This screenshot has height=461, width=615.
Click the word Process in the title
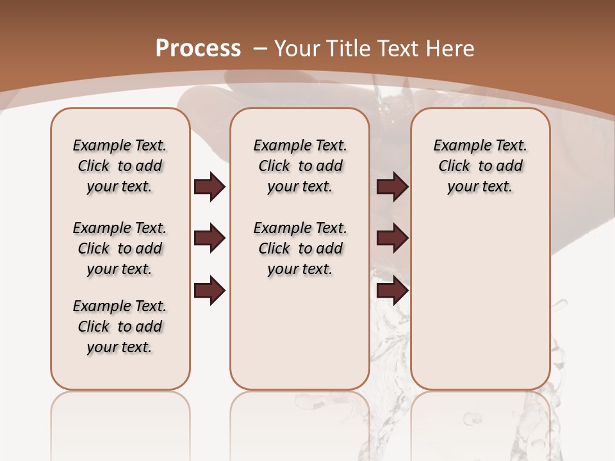[x=198, y=48]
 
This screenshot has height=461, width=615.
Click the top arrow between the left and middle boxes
[x=209, y=187]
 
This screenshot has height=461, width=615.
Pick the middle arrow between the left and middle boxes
[x=209, y=239]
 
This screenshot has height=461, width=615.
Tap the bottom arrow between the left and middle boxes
[x=209, y=290]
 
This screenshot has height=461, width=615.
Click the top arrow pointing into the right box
[x=392, y=187]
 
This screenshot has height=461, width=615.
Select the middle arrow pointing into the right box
[x=392, y=239]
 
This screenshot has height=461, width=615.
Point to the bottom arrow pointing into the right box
[x=392, y=290]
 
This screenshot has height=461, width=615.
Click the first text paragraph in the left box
[x=120, y=166]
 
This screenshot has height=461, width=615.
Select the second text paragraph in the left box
[x=120, y=248]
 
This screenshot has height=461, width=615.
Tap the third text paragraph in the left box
[x=120, y=327]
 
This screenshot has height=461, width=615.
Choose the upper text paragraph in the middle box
[x=300, y=166]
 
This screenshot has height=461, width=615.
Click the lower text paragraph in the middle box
[x=300, y=248]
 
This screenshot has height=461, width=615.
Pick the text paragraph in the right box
[x=480, y=166]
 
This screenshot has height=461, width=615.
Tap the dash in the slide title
[x=260, y=48]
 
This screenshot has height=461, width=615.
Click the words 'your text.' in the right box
[x=480, y=187]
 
